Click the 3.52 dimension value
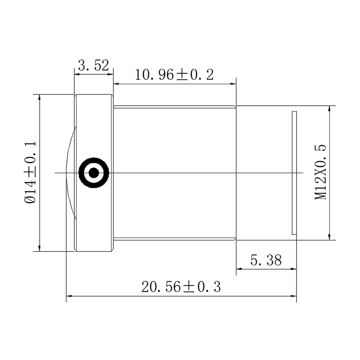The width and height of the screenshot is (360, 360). click(x=93, y=65)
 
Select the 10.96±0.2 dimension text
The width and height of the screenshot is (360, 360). click(x=174, y=75)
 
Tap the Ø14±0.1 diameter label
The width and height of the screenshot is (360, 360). click(x=30, y=172)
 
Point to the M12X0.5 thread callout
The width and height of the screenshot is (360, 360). click(x=320, y=172)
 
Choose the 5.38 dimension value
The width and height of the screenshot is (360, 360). click(x=266, y=261)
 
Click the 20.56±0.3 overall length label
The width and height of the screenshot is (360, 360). click(x=181, y=287)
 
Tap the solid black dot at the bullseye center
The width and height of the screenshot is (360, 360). click(x=94, y=173)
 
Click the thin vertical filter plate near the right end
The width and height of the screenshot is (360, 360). click(x=294, y=173)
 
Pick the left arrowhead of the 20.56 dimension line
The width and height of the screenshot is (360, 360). click(x=69, y=296)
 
